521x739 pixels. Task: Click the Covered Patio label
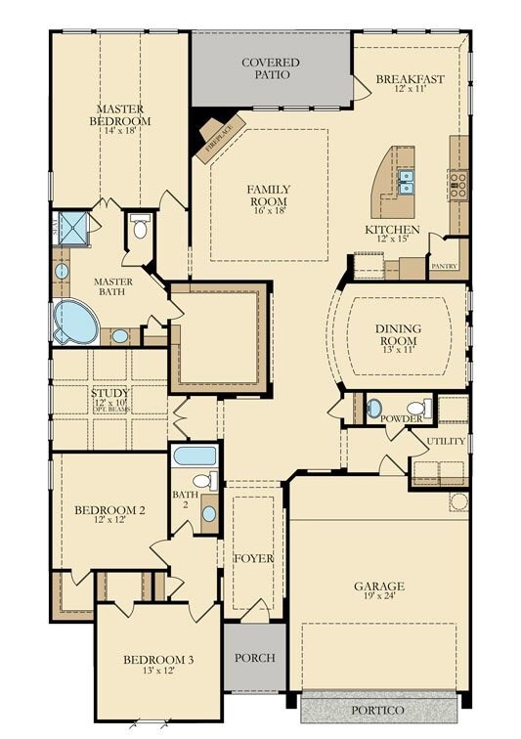(x=271, y=68)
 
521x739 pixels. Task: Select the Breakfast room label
(x=411, y=80)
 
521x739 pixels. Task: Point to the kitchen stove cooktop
(x=457, y=182)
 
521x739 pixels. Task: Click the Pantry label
(x=445, y=265)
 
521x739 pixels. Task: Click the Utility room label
(x=446, y=442)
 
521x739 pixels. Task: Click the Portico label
(x=378, y=709)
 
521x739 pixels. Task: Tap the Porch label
(x=256, y=657)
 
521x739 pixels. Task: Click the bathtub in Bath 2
(x=195, y=456)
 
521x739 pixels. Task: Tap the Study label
(x=109, y=393)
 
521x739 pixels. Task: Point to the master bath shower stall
(x=73, y=226)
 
